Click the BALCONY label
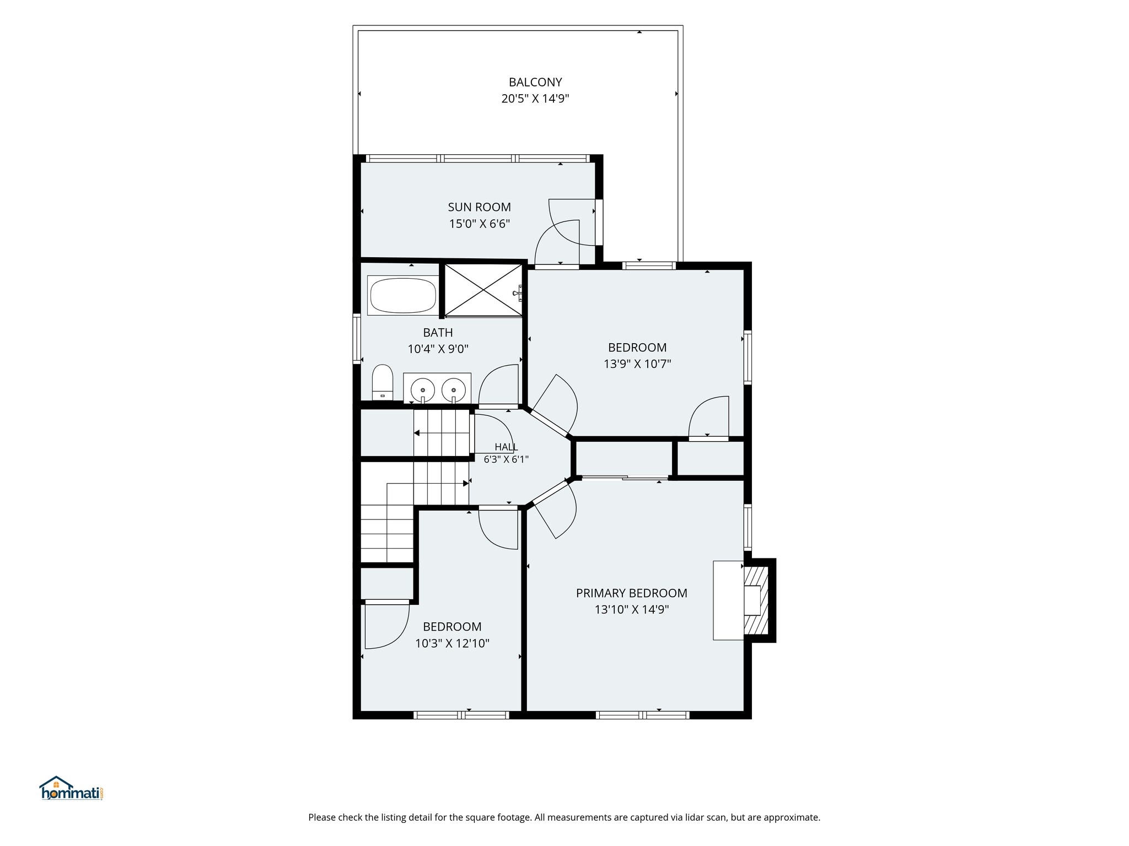(x=535, y=82)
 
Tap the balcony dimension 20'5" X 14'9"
(x=535, y=99)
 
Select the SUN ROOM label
(x=479, y=207)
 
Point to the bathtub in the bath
(x=403, y=295)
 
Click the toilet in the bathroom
(x=382, y=382)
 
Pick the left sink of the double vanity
(x=423, y=389)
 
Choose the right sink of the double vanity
(x=454, y=389)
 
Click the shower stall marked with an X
(x=483, y=290)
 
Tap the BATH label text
(x=438, y=332)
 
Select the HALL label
(x=506, y=447)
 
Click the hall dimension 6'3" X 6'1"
(x=506, y=459)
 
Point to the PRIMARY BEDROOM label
(x=631, y=593)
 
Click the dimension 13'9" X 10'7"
(x=637, y=364)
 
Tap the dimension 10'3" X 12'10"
(x=452, y=643)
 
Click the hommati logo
(x=72, y=789)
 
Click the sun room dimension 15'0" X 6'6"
(x=479, y=224)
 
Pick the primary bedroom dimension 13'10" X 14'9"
(x=631, y=610)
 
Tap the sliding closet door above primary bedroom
(x=625, y=478)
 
